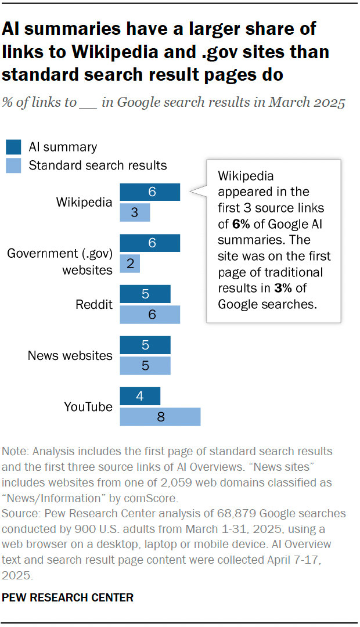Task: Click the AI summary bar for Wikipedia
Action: click(150, 192)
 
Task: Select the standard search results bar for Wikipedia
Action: click(135, 212)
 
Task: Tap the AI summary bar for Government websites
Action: click(150, 243)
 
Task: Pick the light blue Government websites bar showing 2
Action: click(130, 264)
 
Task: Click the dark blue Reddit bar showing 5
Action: click(145, 294)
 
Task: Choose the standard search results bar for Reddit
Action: click(150, 315)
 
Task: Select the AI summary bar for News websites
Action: click(145, 345)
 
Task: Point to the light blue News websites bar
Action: click(145, 366)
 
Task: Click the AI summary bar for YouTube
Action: click(140, 397)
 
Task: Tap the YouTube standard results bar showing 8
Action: click(160, 417)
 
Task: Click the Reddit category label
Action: click(94, 305)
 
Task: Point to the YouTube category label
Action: click(88, 407)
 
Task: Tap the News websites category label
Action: click(70, 355)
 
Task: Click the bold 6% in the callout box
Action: click(240, 224)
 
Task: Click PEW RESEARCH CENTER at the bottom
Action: click(69, 597)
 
